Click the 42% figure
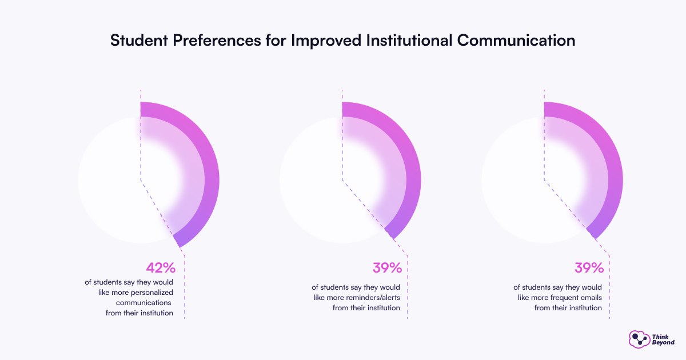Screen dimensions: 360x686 [x=160, y=268]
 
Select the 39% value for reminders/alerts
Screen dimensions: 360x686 [x=387, y=268]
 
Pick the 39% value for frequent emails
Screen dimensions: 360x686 [x=589, y=268]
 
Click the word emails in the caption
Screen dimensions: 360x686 [x=591, y=298]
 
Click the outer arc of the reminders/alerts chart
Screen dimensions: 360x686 [x=412, y=171]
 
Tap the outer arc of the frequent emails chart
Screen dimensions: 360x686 [x=614, y=171]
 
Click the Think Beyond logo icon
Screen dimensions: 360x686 [x=637, y=339]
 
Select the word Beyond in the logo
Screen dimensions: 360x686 [x=663, y=342]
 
